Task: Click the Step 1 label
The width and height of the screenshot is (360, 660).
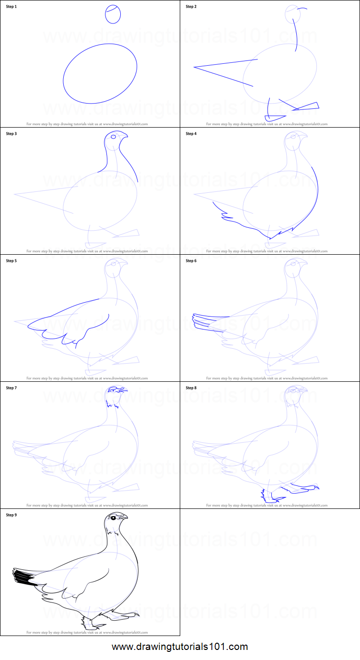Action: click(x=11, y=7)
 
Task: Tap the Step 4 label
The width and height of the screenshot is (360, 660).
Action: click(x=191, y=134)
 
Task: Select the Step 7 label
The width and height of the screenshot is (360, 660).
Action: click(x=11, y=388)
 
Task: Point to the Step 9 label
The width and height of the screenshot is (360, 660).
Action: click(x=11, y=515)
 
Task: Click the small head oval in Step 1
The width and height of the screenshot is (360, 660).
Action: click(x=113, y=14)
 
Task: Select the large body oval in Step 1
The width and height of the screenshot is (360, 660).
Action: click(x=100, y=73)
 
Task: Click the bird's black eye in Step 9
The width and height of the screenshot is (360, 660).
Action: click(x=113, y=518)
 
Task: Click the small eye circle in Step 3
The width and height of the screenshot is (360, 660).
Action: click(x=114, y=137)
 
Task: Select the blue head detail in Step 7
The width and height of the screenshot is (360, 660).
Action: click(x=116, y=390)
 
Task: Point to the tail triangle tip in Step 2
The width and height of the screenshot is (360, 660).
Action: click(x=194, y=67)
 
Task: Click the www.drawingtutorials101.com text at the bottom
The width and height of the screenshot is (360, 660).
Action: click(x=180, y=647)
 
